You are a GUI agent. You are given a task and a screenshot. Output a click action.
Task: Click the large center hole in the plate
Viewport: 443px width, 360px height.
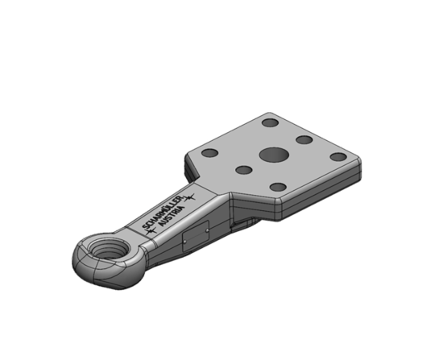click(272, 155)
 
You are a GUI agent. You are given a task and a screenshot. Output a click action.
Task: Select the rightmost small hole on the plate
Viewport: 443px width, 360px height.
click(339, 156)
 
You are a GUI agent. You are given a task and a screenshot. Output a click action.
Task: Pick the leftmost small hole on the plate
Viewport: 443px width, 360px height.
click(209, 153)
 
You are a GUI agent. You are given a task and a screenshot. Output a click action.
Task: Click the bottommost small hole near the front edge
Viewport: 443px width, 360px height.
click(278, 187)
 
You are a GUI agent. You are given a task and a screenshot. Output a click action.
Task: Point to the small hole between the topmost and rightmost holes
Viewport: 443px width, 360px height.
click(304, 139)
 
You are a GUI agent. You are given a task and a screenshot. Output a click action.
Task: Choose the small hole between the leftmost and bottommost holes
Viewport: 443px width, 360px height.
click(243, 170)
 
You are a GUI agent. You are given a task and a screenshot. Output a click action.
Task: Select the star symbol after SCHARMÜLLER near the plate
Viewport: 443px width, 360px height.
click(193, 196)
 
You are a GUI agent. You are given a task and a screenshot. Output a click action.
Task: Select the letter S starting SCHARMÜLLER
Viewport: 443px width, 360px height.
click(143, 226)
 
